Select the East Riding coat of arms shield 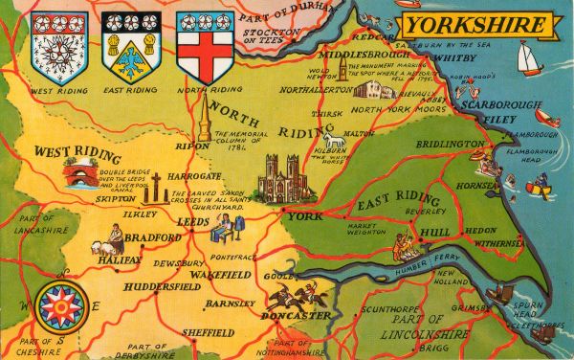pyautogui.click(x=130, y=47)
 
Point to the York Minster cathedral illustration pyautogui.click(x=285, y=179)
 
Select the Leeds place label pyautogui.click(x=193, y=222)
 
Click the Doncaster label pyautogui.click(x=298, y=316)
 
